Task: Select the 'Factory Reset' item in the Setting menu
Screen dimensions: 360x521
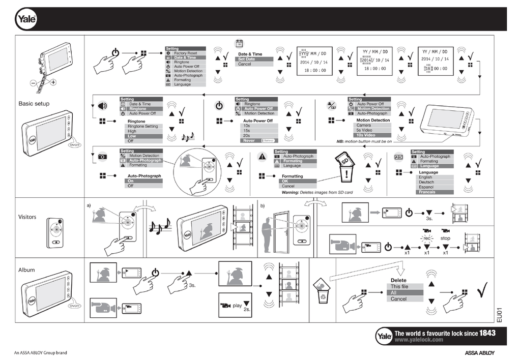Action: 185,53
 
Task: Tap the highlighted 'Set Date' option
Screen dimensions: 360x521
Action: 247,59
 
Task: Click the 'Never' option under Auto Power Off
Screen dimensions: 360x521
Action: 249,140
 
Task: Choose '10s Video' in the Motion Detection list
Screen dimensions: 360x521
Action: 366,135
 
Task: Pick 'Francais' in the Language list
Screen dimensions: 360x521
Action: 427,192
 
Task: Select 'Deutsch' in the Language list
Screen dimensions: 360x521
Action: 426,182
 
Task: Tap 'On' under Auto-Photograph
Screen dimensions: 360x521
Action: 131,181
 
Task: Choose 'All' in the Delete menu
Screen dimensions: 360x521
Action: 394,292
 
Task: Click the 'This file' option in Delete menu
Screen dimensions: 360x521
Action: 399,286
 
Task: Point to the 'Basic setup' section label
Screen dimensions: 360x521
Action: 34,103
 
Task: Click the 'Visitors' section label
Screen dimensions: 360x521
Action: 27,217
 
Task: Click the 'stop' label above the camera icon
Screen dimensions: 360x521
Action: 445,238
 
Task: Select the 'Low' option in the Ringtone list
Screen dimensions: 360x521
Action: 132,136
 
